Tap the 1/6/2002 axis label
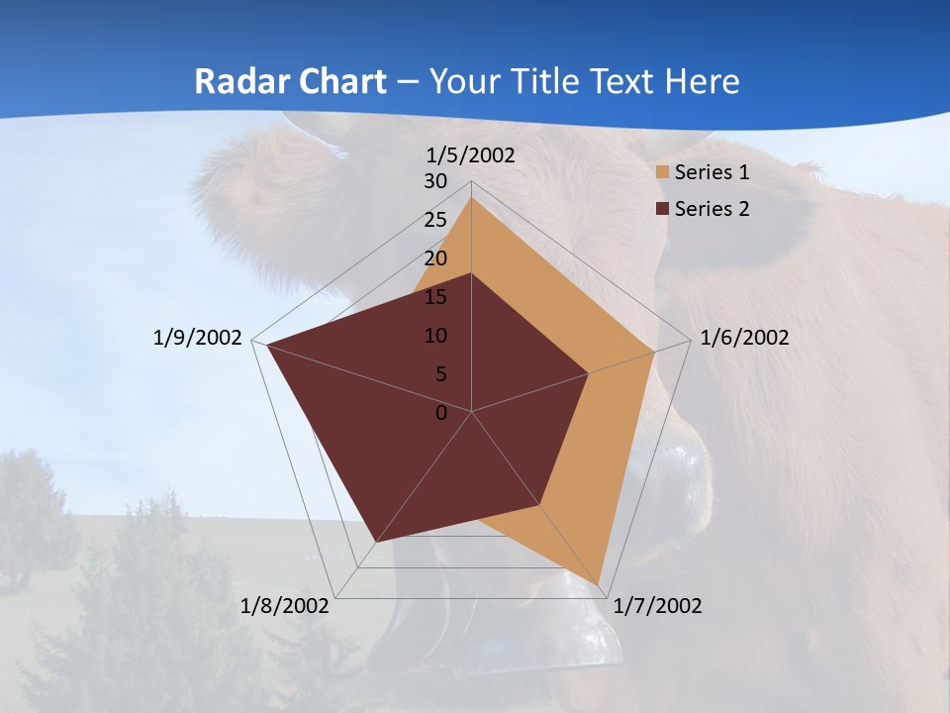[x=744, y=338]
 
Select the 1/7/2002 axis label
[x=658, y=606]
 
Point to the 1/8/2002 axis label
[x=285, y=606]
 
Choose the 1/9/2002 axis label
[x=198, y=338]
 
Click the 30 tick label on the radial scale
[x=435, y=181]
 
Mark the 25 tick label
[x=435, y=220]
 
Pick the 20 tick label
[x=435, y=258]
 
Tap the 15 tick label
[x=435, y=297]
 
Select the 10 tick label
[x=435, y=336]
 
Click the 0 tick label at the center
[x=441, y=413]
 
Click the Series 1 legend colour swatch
[x=662, y=172]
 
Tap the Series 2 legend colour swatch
[x=662, y=209]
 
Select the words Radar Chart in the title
[x=290, y=81]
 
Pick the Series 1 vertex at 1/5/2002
[x=471, y=198]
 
